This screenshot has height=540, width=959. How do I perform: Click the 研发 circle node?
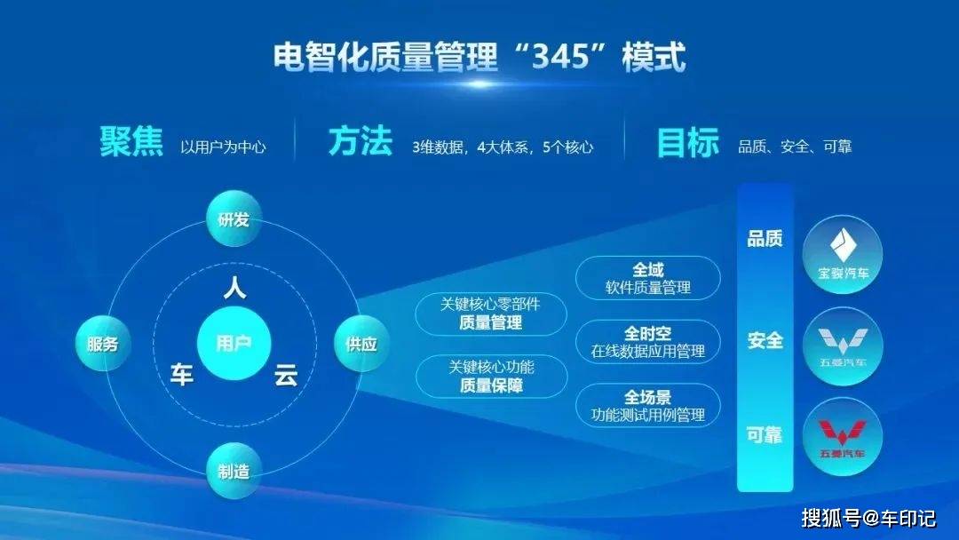tap(234, 219)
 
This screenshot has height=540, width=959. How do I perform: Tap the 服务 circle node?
tap(103, 344)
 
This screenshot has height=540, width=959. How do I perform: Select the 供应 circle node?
tap(361, 344)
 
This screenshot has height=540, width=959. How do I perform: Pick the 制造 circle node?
tap(234, 471)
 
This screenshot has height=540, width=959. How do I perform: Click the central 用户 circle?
tap(234, 344)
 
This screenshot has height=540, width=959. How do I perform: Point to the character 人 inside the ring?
tap(234, 288)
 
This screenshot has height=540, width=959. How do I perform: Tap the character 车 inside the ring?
tap(182, 374)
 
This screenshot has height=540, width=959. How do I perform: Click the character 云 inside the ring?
tap(286, 374)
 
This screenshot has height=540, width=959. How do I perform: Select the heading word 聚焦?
tap(131, 142)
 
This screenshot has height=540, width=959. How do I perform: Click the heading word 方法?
tap(361, 142)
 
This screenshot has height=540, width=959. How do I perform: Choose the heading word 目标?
tap(688, 142)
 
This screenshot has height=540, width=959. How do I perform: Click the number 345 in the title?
tap(560, 57)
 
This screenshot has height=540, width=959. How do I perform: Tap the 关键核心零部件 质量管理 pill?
tap(491, 314)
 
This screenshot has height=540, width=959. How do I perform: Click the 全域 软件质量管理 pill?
tap(648, 278)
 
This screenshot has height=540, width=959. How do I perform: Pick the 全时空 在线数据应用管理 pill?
tap(648, 343)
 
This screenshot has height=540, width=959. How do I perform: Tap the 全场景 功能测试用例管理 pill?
tap(648, 406)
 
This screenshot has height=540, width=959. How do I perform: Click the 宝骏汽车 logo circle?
tap(843, 254)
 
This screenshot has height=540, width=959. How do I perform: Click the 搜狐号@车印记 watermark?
tap(868, 518)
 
